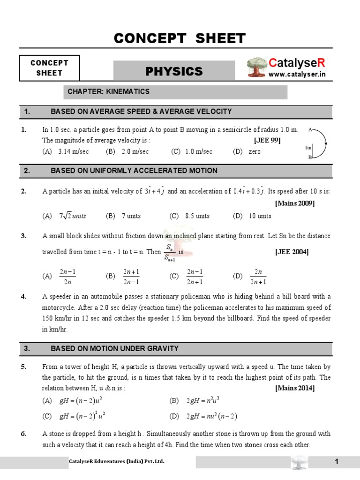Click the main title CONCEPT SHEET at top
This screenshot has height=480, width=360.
[x=180, y=38]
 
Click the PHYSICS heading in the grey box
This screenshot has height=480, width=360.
[x=174, y=71]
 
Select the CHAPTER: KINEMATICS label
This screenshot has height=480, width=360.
[x=108, y=91]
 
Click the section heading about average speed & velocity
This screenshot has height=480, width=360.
[x=141, y=112]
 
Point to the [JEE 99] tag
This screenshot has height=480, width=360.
[x=267, y=140]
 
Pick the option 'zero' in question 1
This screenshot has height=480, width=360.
[x=254, y=151]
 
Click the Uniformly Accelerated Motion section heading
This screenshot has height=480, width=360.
[x=134, y=171]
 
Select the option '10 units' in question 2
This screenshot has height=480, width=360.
[x=258, y=216]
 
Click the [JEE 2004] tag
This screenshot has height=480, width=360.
[x=291, y=252]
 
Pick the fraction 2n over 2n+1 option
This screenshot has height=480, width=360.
[x=257, y=277]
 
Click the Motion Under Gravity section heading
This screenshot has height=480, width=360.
[x=114, y=349]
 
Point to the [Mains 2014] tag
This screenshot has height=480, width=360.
[x=295, y=388]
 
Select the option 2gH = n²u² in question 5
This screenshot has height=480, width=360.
[x=202, y=400]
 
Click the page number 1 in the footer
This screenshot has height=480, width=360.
[x=336, y=462]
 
